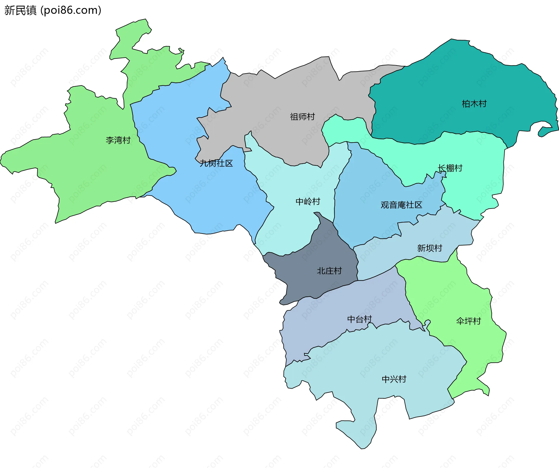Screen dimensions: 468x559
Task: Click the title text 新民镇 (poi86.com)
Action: pyautogui.click(x=53, y=10)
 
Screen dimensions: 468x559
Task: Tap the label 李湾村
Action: pyautogui.click(x=118, y=140)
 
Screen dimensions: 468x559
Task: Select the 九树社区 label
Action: pyautogui.click(x=216, y=163)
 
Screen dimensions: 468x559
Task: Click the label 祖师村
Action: pyautogui.click(x=302, y=117)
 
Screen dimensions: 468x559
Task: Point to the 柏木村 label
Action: pyautogui.click(x=474, y=104)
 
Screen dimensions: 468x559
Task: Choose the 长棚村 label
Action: pyautogui.click(x=450, y=168)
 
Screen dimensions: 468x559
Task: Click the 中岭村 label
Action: pyautogui.click(x=308, y=202)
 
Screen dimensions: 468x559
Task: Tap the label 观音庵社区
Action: pyautogui.click(x=401, y=205)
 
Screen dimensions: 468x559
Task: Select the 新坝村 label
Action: pyautogui.click(x=429, y=248)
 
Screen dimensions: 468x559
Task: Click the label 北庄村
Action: pyautogui.click(x=329, y=271)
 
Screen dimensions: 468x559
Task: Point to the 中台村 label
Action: pyautogui.click(x=359, y=319)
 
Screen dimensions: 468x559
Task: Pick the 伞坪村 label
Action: pyautogui.click(x=468, y=321)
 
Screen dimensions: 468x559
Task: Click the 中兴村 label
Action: pyautogui.click(x=394, y=379)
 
